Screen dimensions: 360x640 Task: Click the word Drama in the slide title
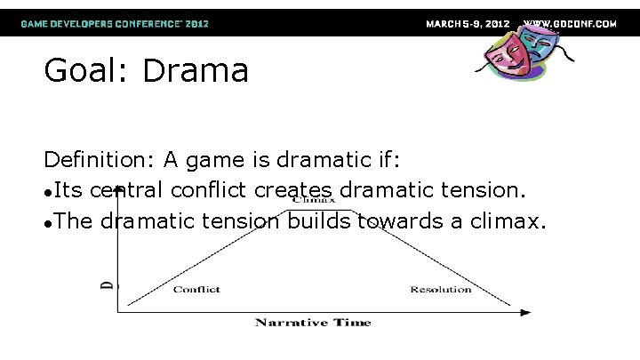click(196, 70)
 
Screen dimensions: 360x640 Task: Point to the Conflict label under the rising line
click(197, 290)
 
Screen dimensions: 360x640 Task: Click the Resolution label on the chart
click(441, 290)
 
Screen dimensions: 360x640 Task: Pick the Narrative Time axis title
click(313, 322)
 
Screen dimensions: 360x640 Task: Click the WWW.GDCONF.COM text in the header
click(570, 23)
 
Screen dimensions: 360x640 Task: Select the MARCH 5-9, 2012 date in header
click(468, 23)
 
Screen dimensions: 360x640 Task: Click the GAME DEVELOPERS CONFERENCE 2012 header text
click(116, 23)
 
